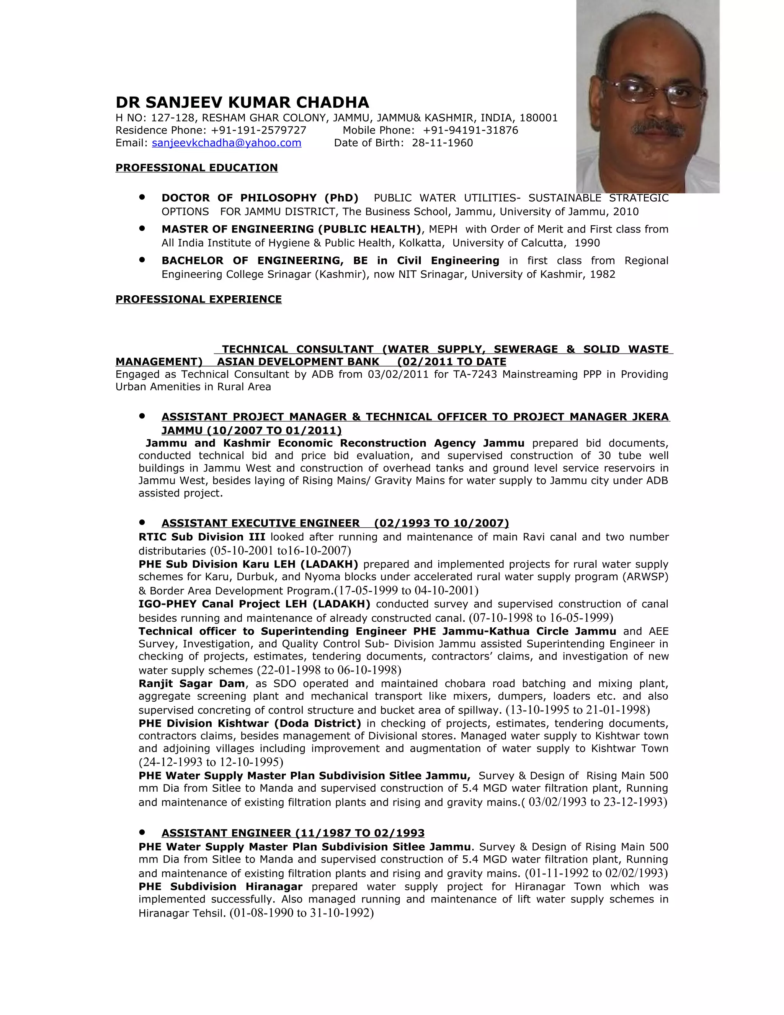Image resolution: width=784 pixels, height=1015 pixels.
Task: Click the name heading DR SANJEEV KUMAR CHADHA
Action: click(x=242, y=102)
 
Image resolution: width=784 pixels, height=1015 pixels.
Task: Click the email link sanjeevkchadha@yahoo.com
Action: click(x=226, y=143)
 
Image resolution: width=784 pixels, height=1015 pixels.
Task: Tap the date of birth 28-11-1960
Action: click(x=442, y=143)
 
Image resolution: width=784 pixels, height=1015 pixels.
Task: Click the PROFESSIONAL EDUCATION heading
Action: click(x=196, y=168)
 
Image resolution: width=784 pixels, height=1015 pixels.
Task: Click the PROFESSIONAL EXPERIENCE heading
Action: click(x=198, y=299)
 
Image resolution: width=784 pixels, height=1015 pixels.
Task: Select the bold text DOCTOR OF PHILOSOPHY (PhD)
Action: click(x=260, y=198)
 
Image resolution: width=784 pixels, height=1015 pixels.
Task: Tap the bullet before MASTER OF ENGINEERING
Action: click(x=142, y=229)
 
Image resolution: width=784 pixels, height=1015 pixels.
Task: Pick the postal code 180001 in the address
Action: click(x=538, y=118)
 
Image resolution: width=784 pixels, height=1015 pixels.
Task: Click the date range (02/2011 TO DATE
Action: click(x=451, y=362)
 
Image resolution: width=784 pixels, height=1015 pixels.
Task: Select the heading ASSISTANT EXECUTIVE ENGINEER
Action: click(x=261, y=523)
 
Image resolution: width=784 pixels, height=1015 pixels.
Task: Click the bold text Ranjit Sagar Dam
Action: click(x=191, y=684)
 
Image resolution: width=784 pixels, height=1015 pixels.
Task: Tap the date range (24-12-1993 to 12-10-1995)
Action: click(x=211, y=762)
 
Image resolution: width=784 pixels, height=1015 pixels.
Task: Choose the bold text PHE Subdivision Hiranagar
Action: click(x=220, y=887)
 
